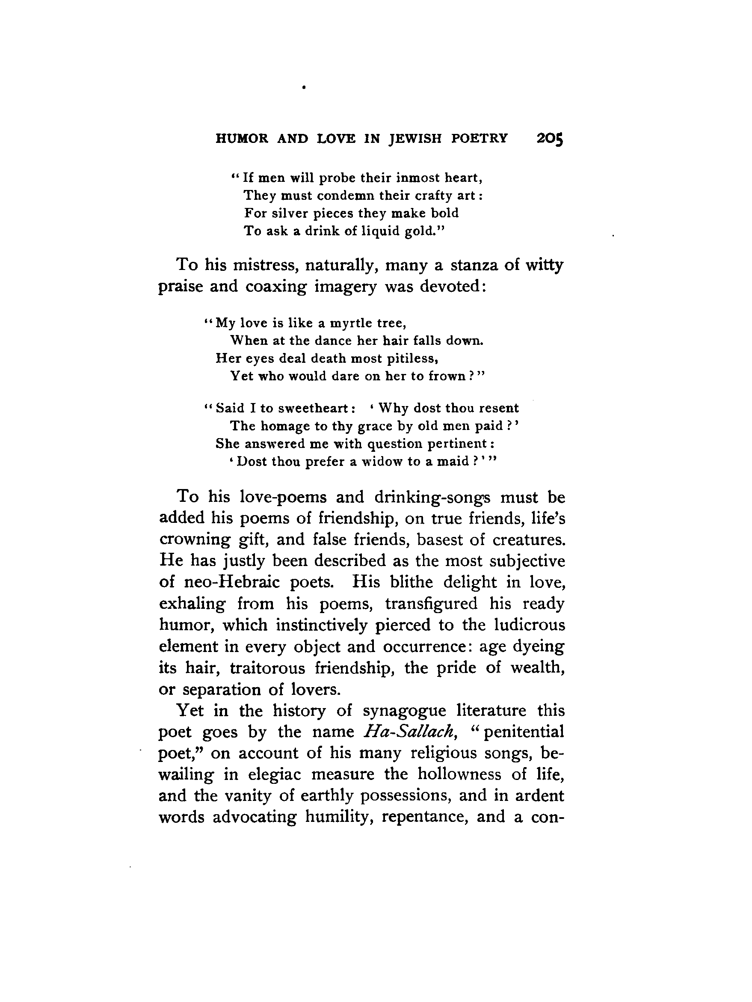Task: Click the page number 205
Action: pyautogui.click(x=550, y=138)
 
